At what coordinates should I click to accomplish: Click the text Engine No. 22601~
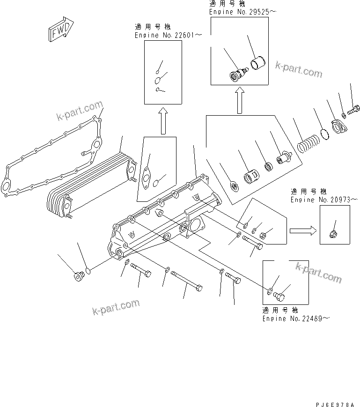(162, 35)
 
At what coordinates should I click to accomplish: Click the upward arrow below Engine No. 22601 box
(163, 121)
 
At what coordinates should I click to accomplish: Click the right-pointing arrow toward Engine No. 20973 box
(302, 230)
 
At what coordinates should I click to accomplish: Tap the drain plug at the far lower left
(77, 277)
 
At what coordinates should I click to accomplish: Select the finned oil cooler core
(84, 183)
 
